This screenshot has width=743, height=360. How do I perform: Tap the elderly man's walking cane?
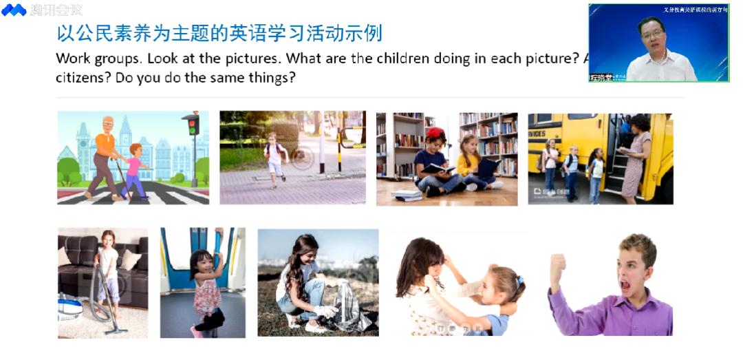(x=122, y=178)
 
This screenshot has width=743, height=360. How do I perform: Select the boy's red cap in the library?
(x=435, y=133)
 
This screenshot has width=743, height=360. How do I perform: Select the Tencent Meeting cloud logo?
(x=14, y=10)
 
